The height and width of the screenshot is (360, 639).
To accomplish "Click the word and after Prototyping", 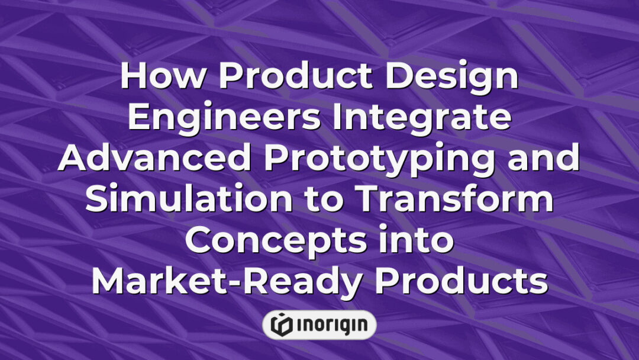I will click(x=544, y=159).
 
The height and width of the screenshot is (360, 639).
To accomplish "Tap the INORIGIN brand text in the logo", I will click(x=331, y=324).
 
